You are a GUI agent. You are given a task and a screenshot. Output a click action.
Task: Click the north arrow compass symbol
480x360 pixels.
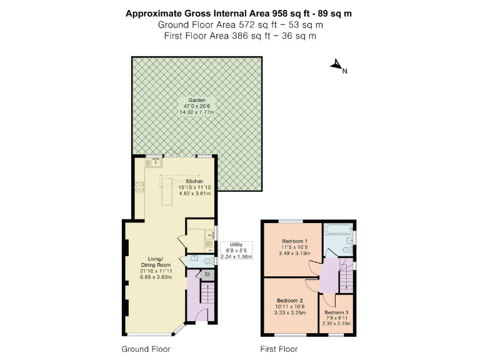coord(336,64)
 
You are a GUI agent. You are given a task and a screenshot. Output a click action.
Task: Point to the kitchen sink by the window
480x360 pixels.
coord(153,164)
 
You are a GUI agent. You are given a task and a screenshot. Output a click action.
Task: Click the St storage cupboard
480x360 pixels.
coord(207,274)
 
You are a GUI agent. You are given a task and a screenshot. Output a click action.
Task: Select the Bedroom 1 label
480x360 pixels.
coord(292,241)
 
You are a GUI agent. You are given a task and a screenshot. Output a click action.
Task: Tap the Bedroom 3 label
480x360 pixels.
coord(337,312)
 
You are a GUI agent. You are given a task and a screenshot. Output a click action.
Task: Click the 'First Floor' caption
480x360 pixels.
coord(279,349)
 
